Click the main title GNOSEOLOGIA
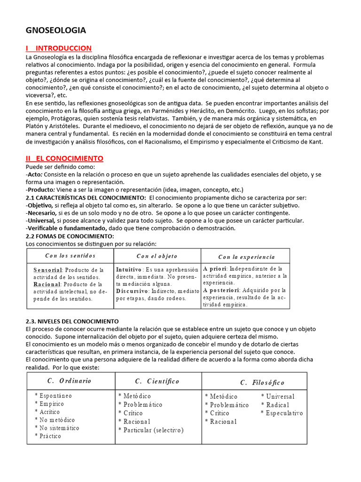click(x=55, y=31)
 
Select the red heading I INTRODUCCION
click(x=59, y=48)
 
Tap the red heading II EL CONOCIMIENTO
click(x=64, y=158)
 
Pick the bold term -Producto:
click(x=42, y=190)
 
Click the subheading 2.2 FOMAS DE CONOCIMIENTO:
click(x=70, y=236)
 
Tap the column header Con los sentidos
click(x=70, y=256)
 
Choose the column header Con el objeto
click(x=157, y=256)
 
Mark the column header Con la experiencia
click(x=246, y=257)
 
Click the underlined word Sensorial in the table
click(x=47, y=270)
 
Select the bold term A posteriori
click(x=222, y=290)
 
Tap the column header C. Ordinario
click(x=69, y=381)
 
